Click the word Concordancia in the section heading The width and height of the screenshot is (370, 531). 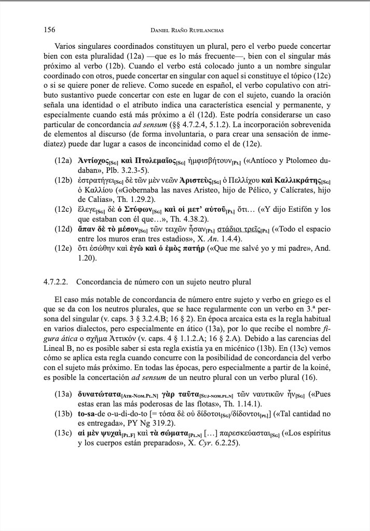click(x=108, y=282)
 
